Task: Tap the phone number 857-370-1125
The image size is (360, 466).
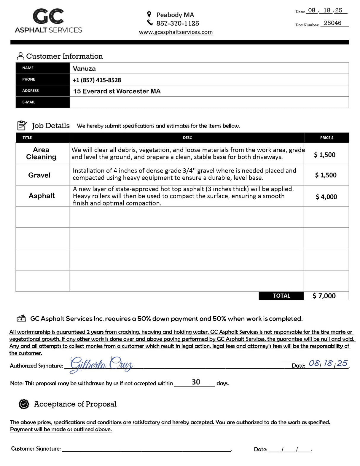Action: pos(178,23)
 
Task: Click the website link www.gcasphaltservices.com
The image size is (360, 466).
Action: pos(176,32)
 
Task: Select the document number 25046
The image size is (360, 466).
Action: pos(332,23)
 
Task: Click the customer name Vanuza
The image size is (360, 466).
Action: pos(85,68)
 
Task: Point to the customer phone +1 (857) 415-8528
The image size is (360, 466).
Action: pos(97,80)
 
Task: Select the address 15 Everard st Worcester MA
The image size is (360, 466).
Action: pos(117,91)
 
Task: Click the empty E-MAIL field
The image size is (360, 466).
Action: pos(209,102)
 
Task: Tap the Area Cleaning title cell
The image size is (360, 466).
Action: pos(41,153)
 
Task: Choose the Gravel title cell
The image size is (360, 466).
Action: pos(39,175)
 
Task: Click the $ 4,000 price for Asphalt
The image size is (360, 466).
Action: pos(326,197)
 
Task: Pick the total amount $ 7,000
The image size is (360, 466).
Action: pos(324,296)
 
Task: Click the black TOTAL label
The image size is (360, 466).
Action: pos(281,296)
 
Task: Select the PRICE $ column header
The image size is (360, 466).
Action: pos(326,138)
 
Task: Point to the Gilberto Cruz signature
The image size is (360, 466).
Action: pos(101,364)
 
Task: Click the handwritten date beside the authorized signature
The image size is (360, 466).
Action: pos(328,363)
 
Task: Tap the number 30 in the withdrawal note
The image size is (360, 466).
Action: pos(196,382)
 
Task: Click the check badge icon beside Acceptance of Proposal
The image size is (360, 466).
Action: pos(24,404)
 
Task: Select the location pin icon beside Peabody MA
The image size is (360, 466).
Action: pos(149,15)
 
